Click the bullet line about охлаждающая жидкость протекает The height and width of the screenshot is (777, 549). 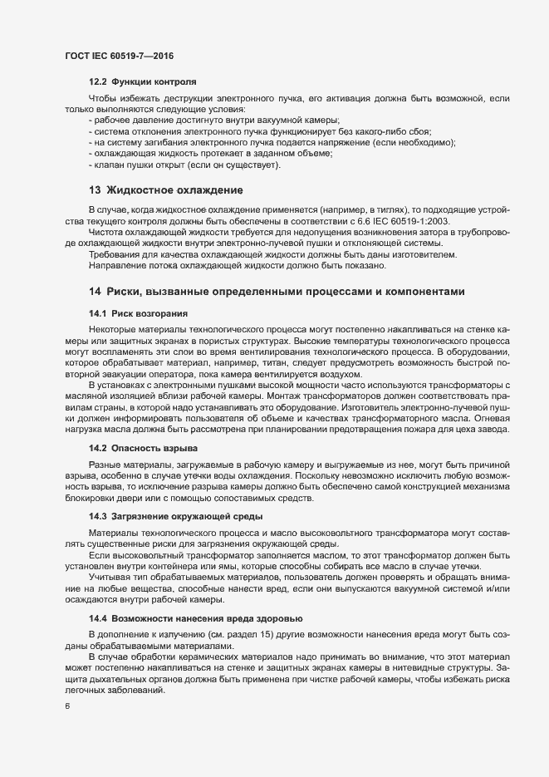(209, 154)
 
